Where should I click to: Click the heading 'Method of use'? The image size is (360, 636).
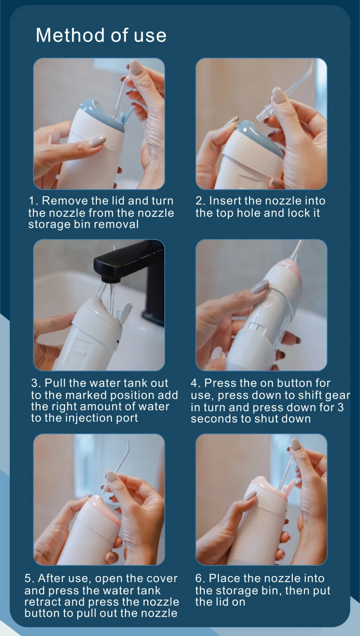pos(101,35)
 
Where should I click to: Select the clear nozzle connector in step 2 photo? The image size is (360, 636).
pos(264,113)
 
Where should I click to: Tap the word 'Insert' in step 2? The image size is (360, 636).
pos(225,201)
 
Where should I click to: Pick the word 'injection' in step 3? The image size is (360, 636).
pos(86,418)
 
